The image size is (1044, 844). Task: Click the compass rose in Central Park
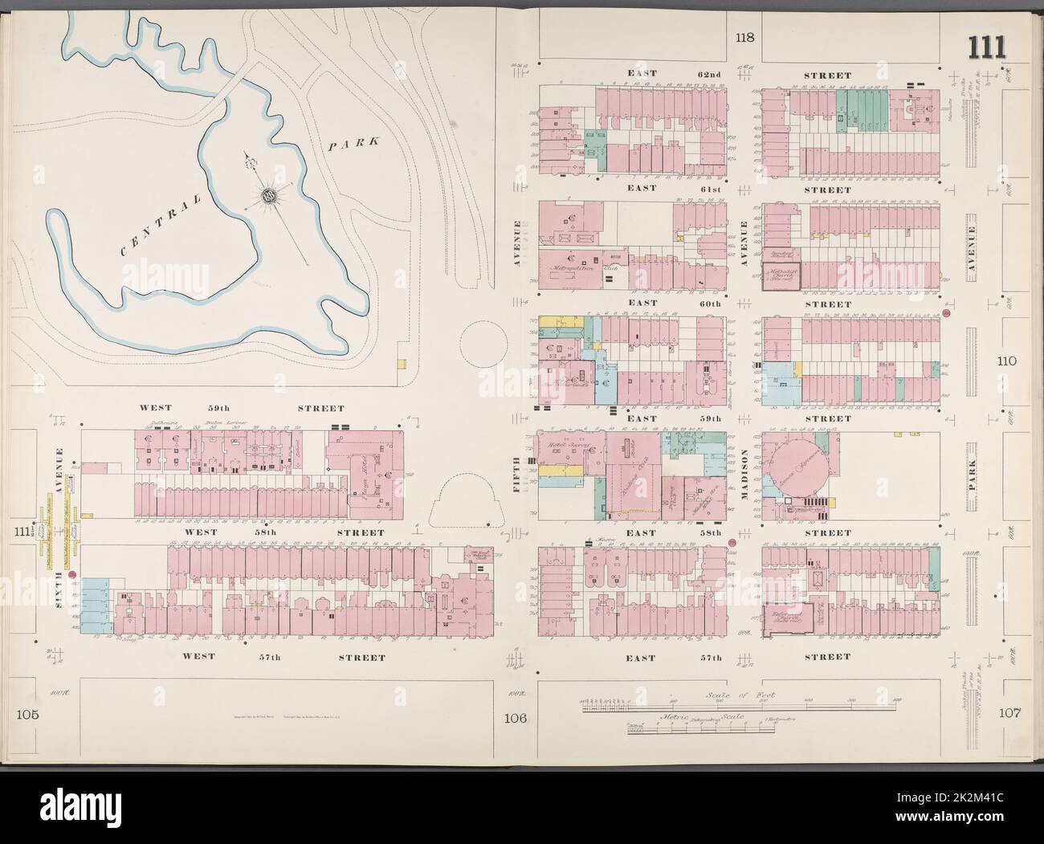click(x=268, y=194)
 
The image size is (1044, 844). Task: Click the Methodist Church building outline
click(x=776, y=275)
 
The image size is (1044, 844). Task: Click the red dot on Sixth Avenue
click(x=71, y=575)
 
